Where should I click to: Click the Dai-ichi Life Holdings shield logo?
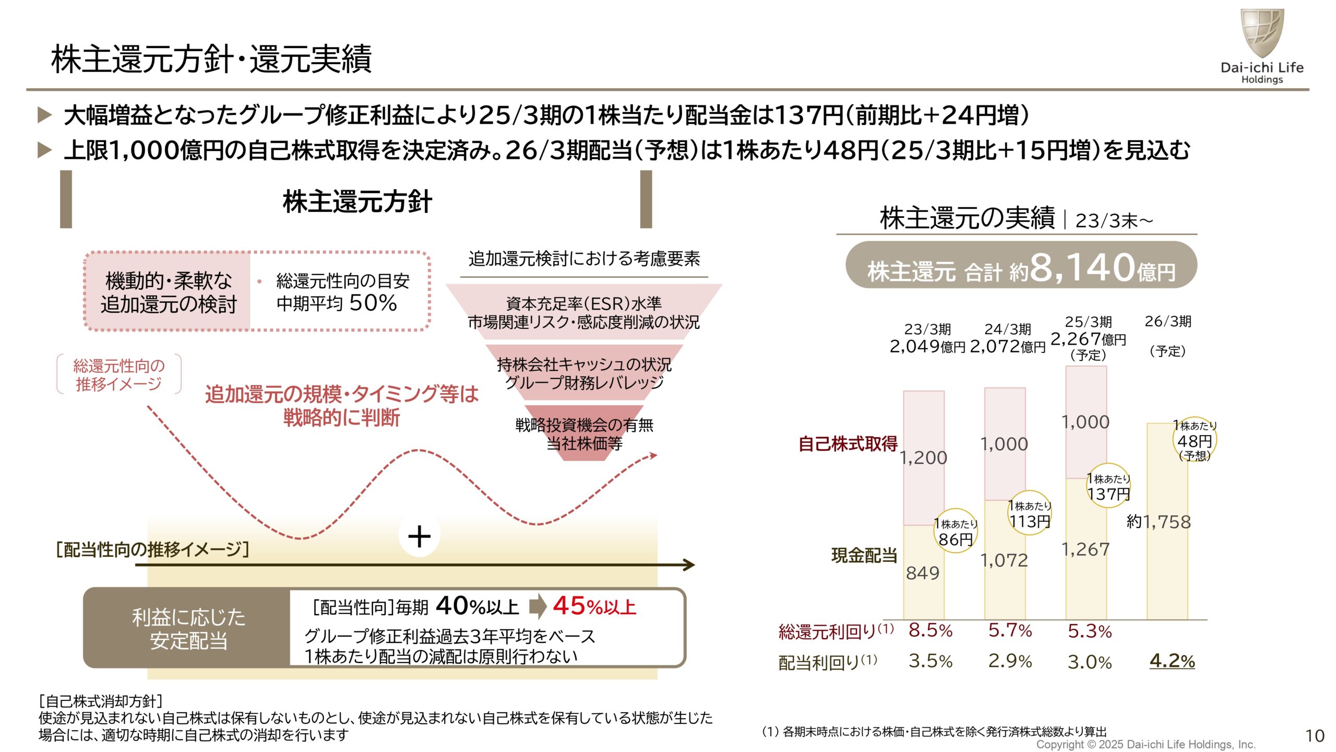click(x=1262, y=32)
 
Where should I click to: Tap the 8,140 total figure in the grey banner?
click(x=1082, y=267)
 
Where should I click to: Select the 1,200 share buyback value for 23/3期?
click(x=923, y=457)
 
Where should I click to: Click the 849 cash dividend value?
click(x=922, y=573)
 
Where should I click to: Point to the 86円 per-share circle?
click(x=956, y=532)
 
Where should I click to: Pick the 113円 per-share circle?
click(x=1030, y=513)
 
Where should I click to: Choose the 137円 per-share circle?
click(x=1108, y=486)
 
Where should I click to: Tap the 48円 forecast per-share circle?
click(x=1195, y=440)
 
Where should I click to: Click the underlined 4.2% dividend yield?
click(x=1172, y=661)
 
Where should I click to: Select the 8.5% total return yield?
click(x=931, y=630)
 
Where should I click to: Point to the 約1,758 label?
click(x=1159, y=522)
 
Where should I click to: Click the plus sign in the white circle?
click(x=419, y=536)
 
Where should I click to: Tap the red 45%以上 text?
click(x=594, y=606)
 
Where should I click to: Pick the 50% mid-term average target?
click(x=373, y=303)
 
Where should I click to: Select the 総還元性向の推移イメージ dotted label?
click(x=119, y=374)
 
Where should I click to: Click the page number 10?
click(x=1315, y=736)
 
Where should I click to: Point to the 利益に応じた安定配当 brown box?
click(x=188, y=628)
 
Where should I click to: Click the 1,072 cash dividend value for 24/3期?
click(x=1004, y=560)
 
